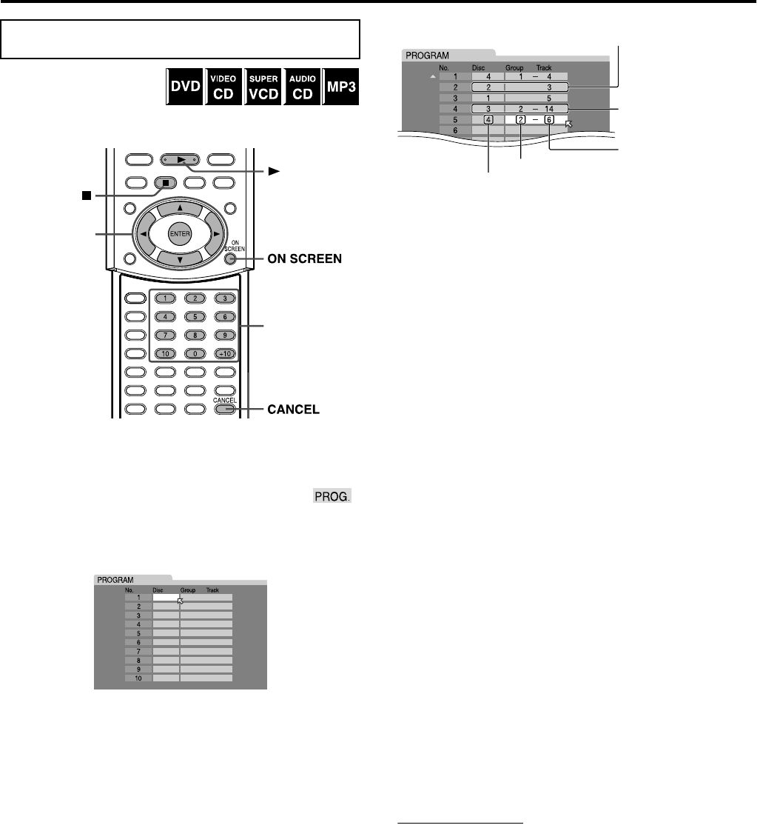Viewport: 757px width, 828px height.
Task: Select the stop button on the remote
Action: pos(168,180)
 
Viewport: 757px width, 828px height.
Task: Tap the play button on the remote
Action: pos(181,158)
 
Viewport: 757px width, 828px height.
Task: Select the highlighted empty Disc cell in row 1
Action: pos(166,596)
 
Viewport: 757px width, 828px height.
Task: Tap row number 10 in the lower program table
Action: pos(138,678)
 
